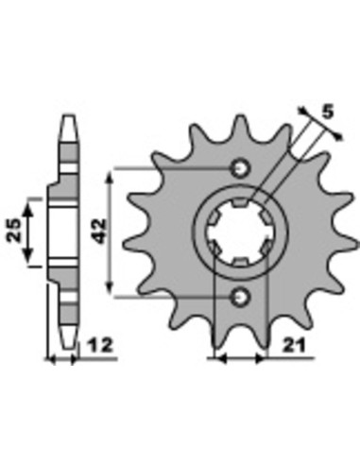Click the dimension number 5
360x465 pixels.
coord(328,112)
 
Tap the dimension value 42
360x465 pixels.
coord(100,232)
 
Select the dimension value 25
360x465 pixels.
coord(14,231)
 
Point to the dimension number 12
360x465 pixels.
coord(100,345)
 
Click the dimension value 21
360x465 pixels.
coord(294,346)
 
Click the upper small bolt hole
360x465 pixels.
coord(241,168)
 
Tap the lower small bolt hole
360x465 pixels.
coord(241,296)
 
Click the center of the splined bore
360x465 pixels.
coord(241,232)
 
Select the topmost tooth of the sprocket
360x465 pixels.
coord(241,126)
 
